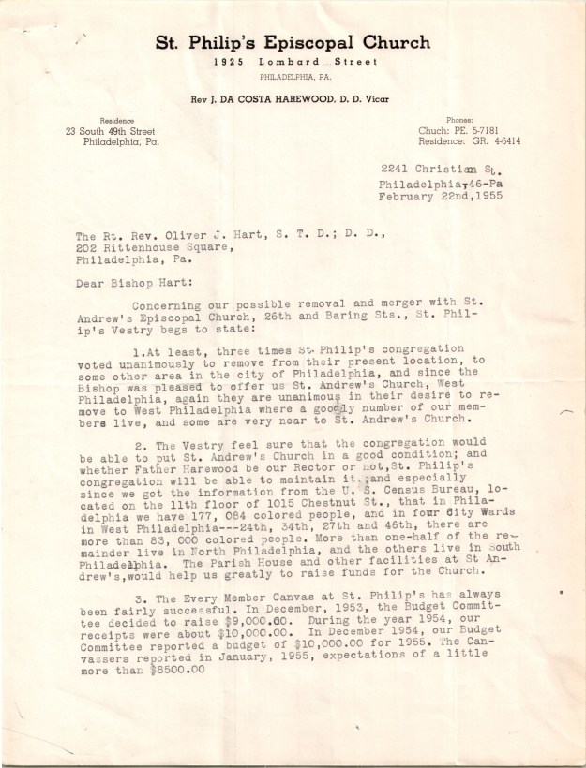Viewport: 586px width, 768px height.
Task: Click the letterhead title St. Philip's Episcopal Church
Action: (293, 43)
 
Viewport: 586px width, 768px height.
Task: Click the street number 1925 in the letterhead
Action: (230, 62)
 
